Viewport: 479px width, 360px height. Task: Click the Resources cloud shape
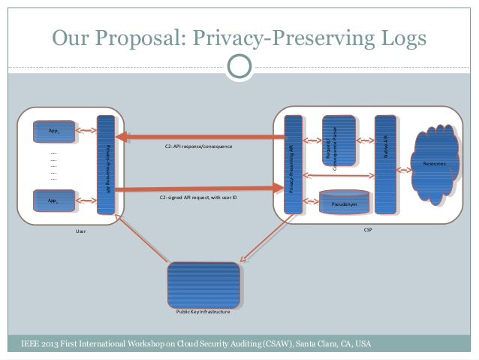(x=434, y=162)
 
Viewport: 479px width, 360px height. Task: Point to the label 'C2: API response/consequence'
(x=198, y=147)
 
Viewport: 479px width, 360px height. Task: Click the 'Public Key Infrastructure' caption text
(x=203, y=310)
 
